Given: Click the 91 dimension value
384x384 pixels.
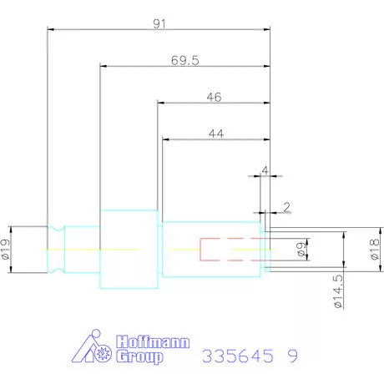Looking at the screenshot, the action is tap(159, 24).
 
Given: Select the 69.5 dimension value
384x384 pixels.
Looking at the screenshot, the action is tap(185, 60).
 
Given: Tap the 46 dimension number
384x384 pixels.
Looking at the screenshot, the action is tap(214, 97).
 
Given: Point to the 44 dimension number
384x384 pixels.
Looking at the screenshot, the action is tap(216, 134).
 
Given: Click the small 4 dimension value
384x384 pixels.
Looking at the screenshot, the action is tap(265, 170).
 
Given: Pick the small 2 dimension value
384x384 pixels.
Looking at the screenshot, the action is tap(286, 207).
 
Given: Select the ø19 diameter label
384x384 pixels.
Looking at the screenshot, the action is tap(6, 249).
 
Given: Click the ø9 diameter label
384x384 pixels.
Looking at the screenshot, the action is tap(301, 250).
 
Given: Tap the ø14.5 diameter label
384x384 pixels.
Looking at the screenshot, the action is tap(338, 291).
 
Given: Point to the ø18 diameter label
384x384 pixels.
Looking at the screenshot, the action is tap(375, 250).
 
